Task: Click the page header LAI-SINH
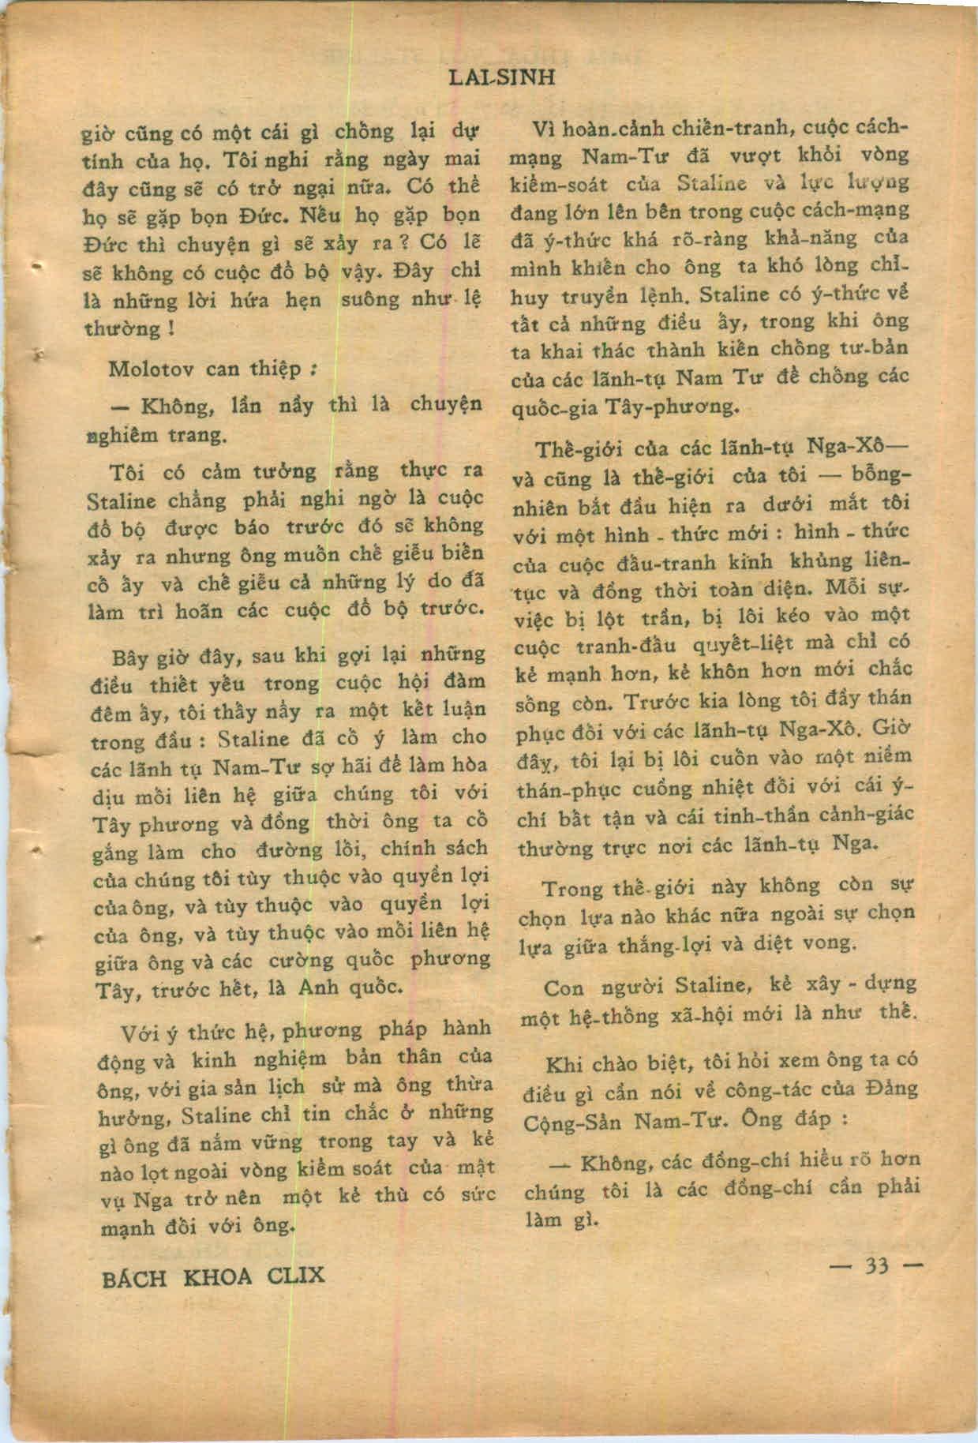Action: [x=500, y=77]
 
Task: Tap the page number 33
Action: [x=877, y=1265]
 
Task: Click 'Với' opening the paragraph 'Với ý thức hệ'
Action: [x=141, y=1033]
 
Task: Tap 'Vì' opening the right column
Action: [x=544, y=129]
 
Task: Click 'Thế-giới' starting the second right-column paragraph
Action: [x=572, y=449]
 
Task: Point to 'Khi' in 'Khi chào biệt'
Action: [x=564, y=1062]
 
